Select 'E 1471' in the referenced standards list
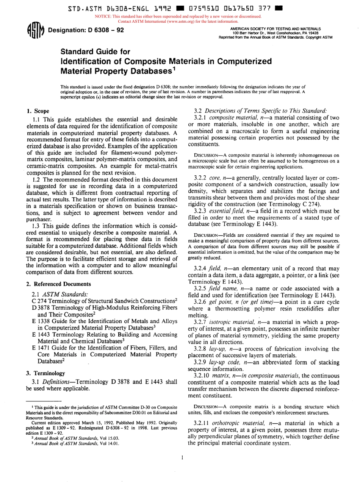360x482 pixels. pyautogui.click(x=40, y=337)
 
